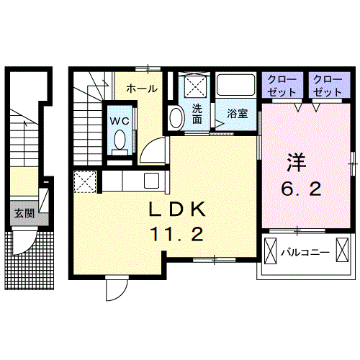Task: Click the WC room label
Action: pos(120,121)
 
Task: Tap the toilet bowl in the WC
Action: pos(120,140)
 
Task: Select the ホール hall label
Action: pos(142,89)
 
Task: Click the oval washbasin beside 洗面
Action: pos(176,117)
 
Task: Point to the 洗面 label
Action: pos(197,114)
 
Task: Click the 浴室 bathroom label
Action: pos(238,114)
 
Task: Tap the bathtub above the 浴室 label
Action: pos(235,85)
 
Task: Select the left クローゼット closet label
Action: pos(282,86)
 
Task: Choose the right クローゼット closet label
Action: pos(328,86)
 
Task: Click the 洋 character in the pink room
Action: pos(297,162)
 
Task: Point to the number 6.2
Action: pos(302,189)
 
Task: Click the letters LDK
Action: pos(177,209)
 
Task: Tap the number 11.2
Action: pos(177,234)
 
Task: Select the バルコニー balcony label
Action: pos(305,252)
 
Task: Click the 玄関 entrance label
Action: pos(24,213)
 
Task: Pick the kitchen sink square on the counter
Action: pos(151,181)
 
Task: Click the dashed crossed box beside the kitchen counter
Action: pos(85,181)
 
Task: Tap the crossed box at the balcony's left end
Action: pos(271,251)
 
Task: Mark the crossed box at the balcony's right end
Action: pos(342,251)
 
